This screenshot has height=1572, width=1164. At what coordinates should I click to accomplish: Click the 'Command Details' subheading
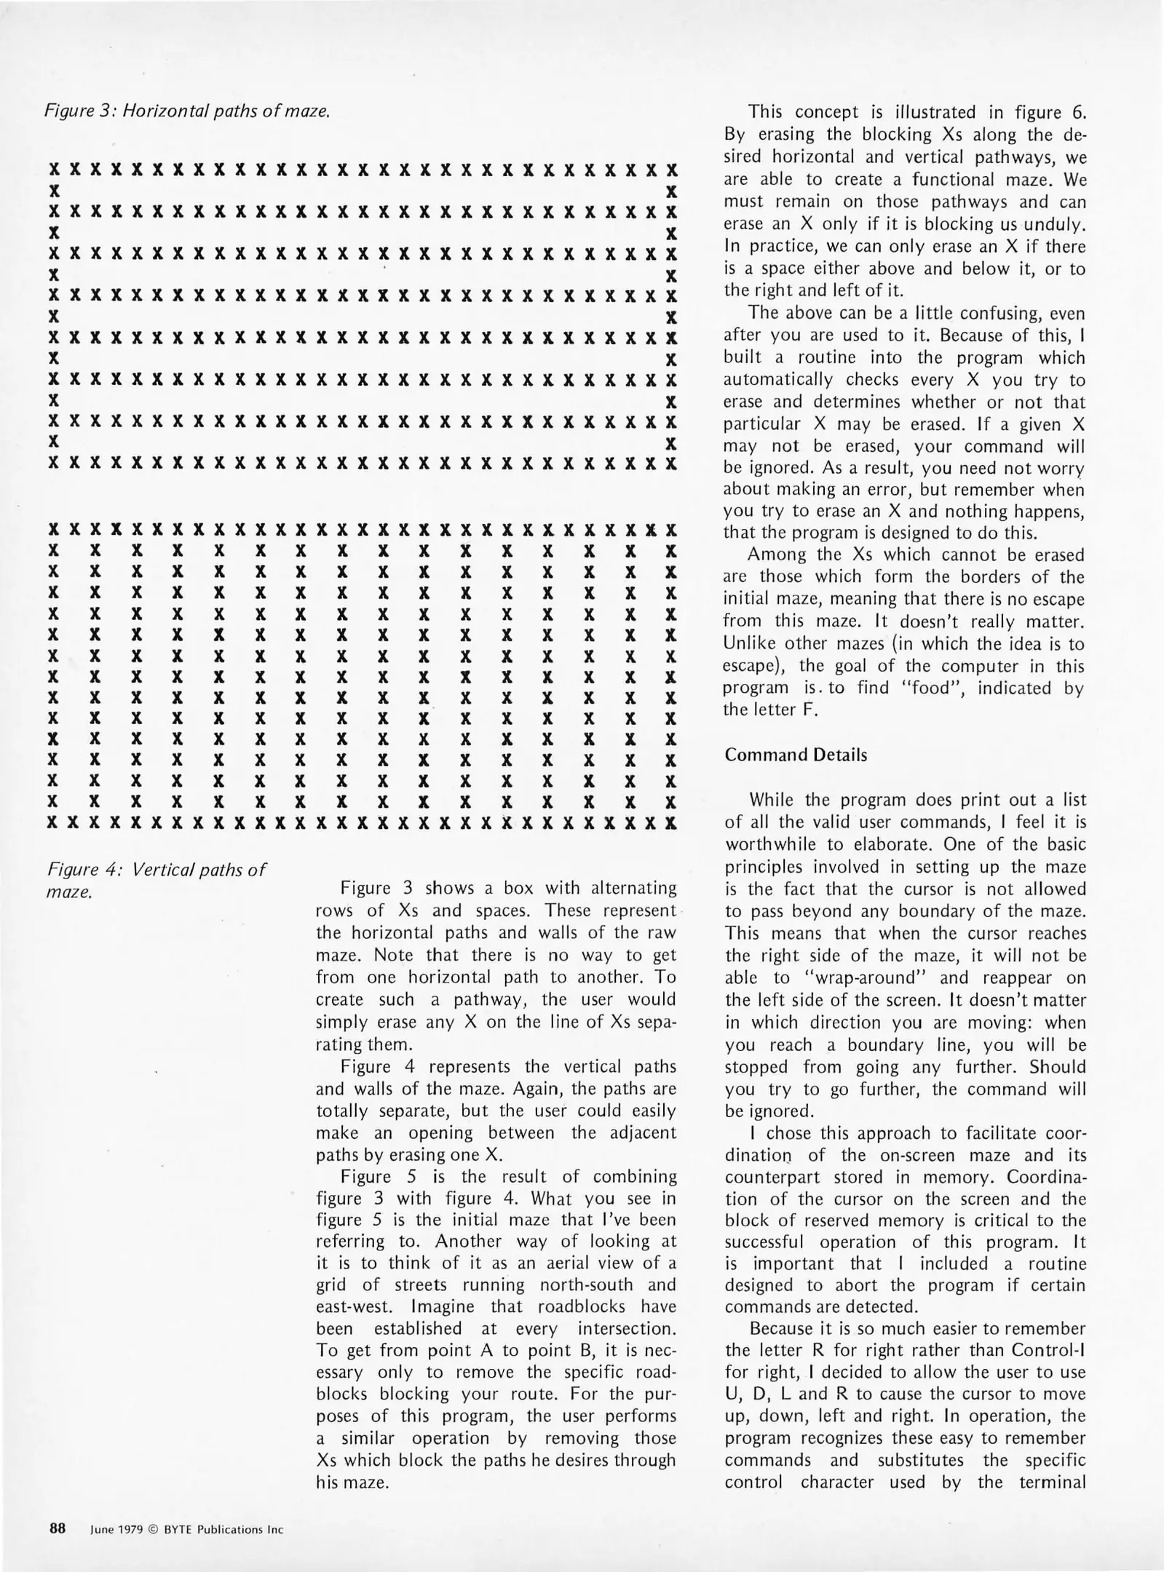point(796,755)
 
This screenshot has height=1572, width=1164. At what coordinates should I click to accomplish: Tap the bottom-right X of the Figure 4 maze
point(671,823)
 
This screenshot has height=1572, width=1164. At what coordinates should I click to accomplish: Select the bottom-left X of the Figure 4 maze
point(52,823)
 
